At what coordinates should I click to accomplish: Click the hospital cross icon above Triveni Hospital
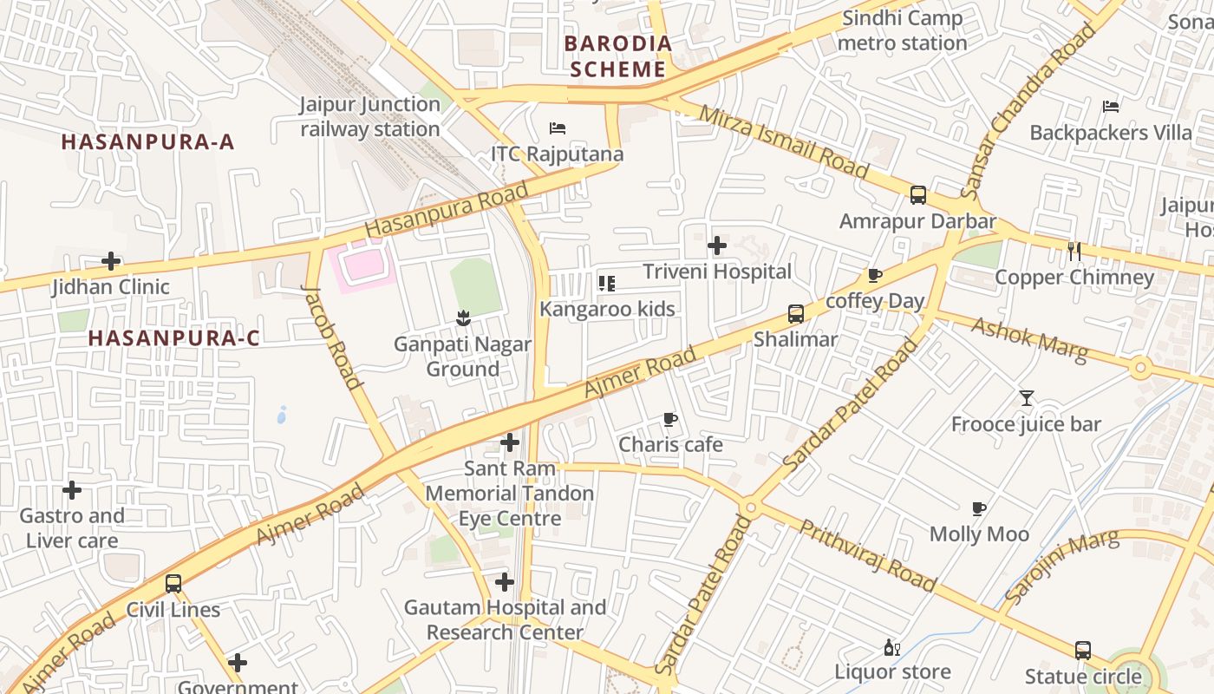pos(717,246)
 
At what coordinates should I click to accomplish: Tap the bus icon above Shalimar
pos(795,314)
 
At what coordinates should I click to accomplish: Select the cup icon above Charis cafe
pos(669,420)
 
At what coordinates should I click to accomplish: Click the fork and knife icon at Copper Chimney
pos(1074,252)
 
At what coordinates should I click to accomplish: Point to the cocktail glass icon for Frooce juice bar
pos(1027,398)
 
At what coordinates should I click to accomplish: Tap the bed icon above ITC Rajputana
pos(558,128)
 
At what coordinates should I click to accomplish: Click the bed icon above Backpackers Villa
pos(1111,107)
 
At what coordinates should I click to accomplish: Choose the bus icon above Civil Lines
pos(173,584)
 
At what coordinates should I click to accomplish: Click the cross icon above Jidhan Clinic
pos(111,261)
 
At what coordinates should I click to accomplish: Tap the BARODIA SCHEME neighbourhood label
pos(617,56)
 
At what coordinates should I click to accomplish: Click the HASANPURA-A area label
pos(148,142)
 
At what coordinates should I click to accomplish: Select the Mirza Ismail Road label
pos(782,141)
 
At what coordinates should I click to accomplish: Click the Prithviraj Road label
pos(867,556)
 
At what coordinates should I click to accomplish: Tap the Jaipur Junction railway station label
pos(370,116)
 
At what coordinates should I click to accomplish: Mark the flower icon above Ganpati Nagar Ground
pos(462,318)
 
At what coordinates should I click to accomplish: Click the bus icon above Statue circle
pos(1082,651)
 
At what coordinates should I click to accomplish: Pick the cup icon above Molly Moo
pos(979,508)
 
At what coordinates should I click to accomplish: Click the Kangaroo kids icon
pos(607,284)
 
